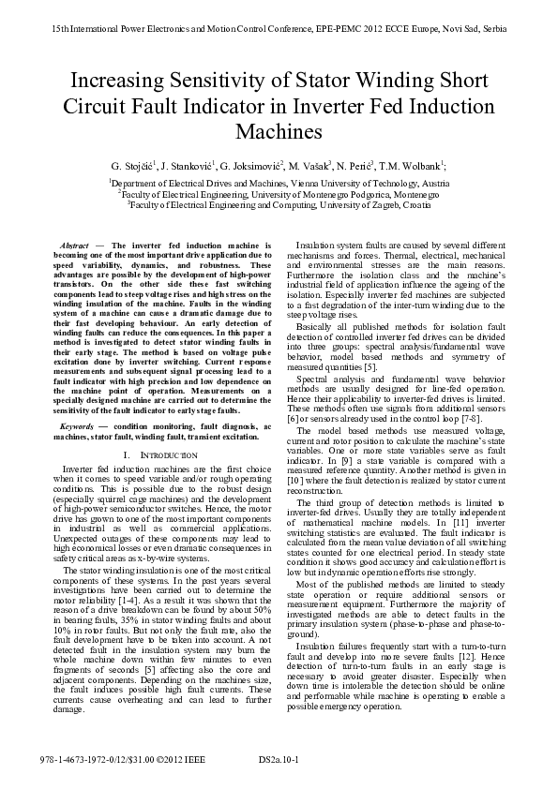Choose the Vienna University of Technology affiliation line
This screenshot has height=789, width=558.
(279, 183)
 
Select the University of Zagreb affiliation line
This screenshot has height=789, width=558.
(279, 204)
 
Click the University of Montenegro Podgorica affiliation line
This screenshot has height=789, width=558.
(279, 194)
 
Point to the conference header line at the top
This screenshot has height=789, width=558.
(279, 29)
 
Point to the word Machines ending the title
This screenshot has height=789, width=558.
(279, 130)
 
